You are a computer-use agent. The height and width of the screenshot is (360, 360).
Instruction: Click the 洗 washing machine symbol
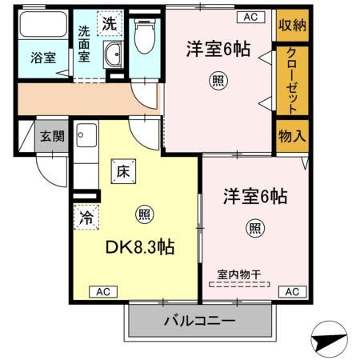(108, 23)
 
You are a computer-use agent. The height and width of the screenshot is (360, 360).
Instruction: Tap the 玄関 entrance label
(53, 137)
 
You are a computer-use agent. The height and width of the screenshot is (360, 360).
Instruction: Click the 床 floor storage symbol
(124, 171)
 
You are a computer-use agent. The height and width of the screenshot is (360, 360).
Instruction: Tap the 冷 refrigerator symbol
(86, 216)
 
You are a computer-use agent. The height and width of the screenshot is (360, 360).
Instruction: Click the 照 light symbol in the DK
(144, 214)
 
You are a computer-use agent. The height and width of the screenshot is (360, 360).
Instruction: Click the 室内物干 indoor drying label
(239, 274)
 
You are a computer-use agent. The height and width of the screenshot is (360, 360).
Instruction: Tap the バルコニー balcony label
(200, 322)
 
